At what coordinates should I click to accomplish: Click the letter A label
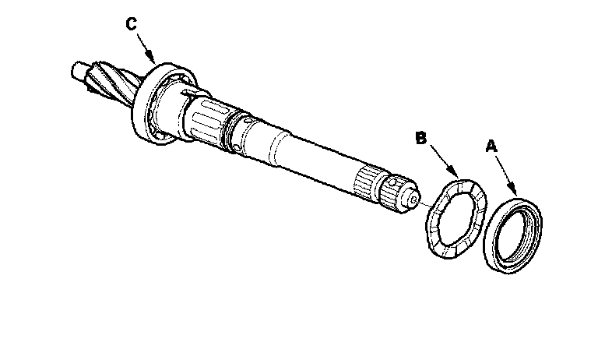[491, 146]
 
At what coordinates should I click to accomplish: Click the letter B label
[420, 139]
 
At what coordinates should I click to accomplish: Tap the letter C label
[132, 23]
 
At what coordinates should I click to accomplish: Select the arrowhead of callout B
[459, 176]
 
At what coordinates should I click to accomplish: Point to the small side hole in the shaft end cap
[397, 187]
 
